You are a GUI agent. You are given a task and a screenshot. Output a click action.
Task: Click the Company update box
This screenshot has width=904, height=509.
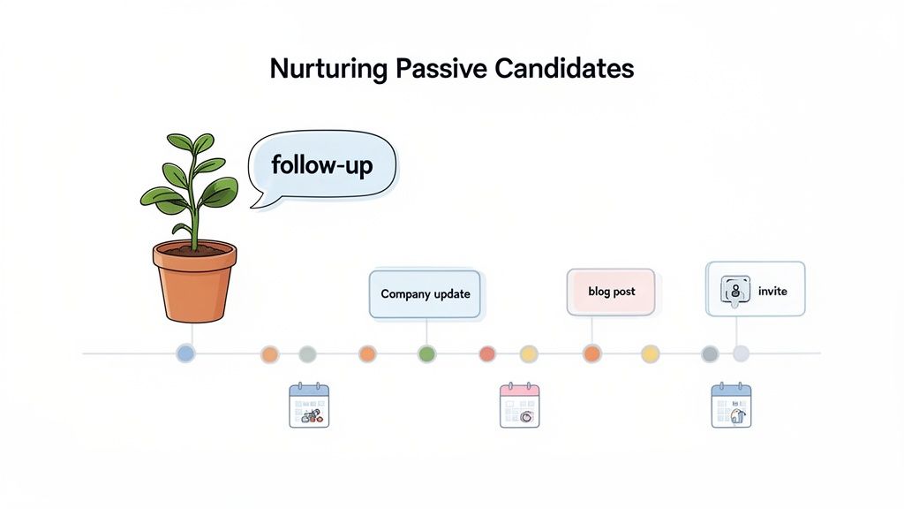click(425, 294)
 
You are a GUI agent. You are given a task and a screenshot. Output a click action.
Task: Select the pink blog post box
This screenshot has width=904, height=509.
click(611, 292)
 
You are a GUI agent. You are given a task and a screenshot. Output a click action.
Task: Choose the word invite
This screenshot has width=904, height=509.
click(772, 291)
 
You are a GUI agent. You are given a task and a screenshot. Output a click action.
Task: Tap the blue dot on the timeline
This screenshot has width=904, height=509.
click(185, 353)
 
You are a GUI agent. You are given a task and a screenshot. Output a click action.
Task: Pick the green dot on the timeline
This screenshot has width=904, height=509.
click(426, 353)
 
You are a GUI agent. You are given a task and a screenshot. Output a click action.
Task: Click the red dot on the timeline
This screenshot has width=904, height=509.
click(487, 353)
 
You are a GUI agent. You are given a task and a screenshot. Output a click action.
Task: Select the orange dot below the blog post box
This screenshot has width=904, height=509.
click(591, 353)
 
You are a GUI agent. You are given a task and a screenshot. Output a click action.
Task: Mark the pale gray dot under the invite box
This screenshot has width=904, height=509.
click(741, 353)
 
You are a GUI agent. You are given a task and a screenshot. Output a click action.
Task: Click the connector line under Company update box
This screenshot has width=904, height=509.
click(426, 331)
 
